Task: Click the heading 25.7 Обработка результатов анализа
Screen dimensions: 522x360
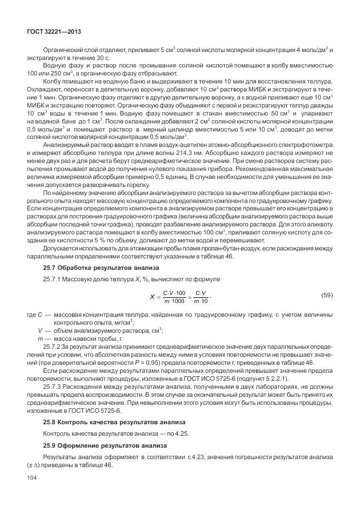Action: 93,268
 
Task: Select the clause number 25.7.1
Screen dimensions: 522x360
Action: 55,278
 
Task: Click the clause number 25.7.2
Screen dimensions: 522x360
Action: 55,348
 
